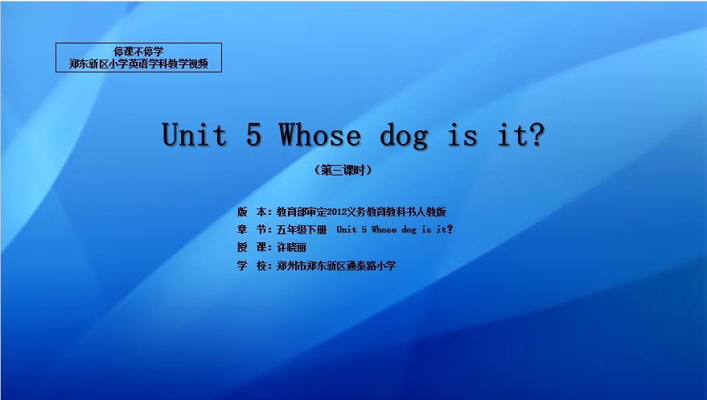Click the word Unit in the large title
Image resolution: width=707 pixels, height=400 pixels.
(x=195, y=134)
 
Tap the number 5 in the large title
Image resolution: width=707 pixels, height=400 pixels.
(x=254, y=134)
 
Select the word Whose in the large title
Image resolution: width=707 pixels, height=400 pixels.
(x=320, y=134)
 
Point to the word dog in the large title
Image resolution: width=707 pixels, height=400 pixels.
(x=404, y=137)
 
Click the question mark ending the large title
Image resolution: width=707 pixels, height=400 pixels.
(x=536, y=134)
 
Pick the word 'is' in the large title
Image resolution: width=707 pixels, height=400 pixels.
(x=462, y=135)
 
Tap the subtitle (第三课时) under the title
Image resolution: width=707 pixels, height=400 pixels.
(x=343, y=170)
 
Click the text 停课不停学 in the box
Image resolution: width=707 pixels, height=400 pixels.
(x=138, y=52)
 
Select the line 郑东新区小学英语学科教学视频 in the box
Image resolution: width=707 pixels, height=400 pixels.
(x=138, y=64)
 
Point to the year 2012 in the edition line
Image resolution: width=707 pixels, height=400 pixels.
(x=336, y=212)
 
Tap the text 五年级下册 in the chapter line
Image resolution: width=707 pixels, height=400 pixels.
(x=302, y=230)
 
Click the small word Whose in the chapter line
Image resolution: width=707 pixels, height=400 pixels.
(x=384, y=229)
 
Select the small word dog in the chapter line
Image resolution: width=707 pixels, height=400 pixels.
(x=409, y=230)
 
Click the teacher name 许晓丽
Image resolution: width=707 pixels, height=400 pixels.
(x=291, y=248)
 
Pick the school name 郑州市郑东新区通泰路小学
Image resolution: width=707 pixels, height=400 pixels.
(x=336, y=266)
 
